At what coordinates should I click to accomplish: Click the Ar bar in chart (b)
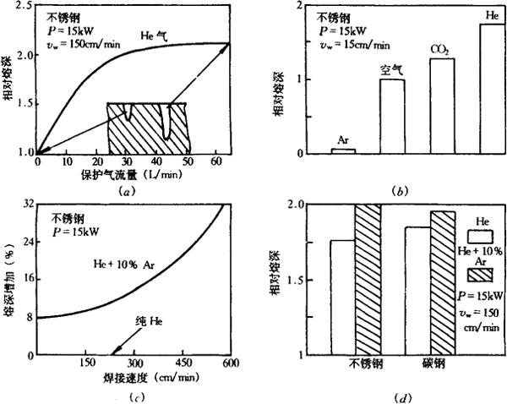[x=341, y=150]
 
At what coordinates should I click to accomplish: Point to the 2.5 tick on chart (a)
[x=23, y=6]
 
